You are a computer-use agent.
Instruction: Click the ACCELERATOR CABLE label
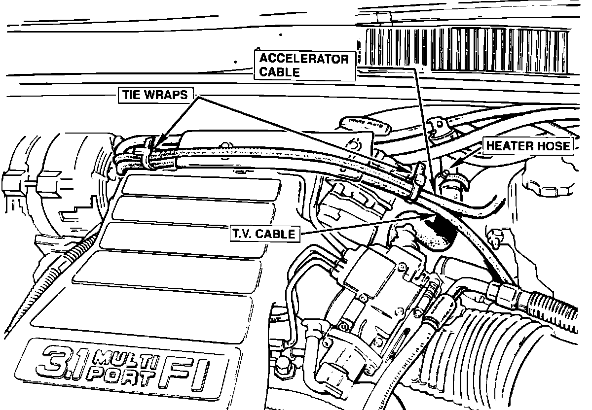pyautogui.click(x=304, y=65)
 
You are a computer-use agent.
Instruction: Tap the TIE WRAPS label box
pyautogui.click(x=155, y=96)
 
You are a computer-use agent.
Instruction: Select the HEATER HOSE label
pyautogui.click(x=528, y=146)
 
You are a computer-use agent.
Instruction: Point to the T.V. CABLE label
pyautogui.click(x=264, y=234)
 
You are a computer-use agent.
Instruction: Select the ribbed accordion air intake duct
pyautogui.click(x=498, y=355)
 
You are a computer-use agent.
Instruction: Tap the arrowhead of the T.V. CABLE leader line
pyautogui.click(x=435, y=215)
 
